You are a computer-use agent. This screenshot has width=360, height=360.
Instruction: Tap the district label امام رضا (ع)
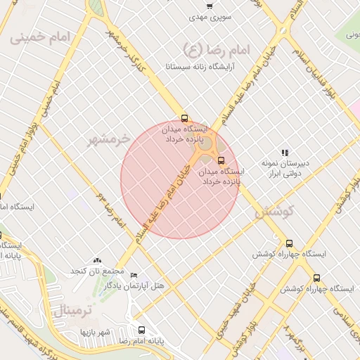point(212,49)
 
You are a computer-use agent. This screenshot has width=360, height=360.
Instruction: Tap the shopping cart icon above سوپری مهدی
point(210,4)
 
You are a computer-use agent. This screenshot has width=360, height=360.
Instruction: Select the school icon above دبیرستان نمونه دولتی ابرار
point(285,152)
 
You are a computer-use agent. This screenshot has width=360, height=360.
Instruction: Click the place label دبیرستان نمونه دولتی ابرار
point(285,167)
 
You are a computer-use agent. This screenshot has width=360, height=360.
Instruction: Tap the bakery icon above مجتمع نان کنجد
point(97,261)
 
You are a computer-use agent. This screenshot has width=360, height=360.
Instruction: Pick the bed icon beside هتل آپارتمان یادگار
point(134,275)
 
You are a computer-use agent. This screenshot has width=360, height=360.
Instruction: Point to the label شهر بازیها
point(96,331)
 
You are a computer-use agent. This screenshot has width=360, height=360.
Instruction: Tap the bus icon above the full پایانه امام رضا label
point(141,330)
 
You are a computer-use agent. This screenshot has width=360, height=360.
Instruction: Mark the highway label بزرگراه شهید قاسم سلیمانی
point(28,330)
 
